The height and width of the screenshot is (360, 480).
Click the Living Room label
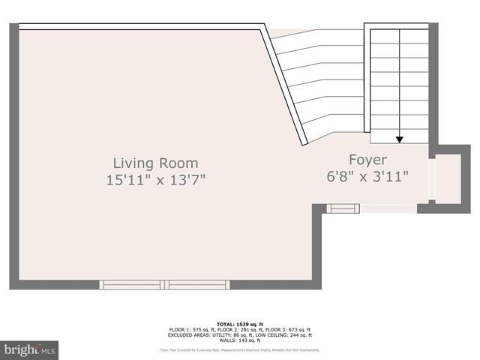(x=155, y=163)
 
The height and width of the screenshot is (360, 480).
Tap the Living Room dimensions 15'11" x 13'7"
(x=155, y=180)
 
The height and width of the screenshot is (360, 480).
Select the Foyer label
(x=367, y=160)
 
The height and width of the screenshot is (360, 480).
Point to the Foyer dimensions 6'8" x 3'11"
(x=367, y=177)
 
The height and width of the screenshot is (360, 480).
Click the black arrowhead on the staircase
(x=400, y=139)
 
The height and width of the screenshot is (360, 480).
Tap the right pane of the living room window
(x=198, y=284)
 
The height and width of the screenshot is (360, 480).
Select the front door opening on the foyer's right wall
(x=430, y=179)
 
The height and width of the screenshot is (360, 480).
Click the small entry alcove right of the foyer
(x=448, y=179)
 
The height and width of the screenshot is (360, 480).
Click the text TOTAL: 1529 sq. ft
(x=240, y=324)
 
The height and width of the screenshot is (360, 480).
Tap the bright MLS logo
(x=30, y=349)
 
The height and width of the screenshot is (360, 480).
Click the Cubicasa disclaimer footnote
(x=240, y=350)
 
